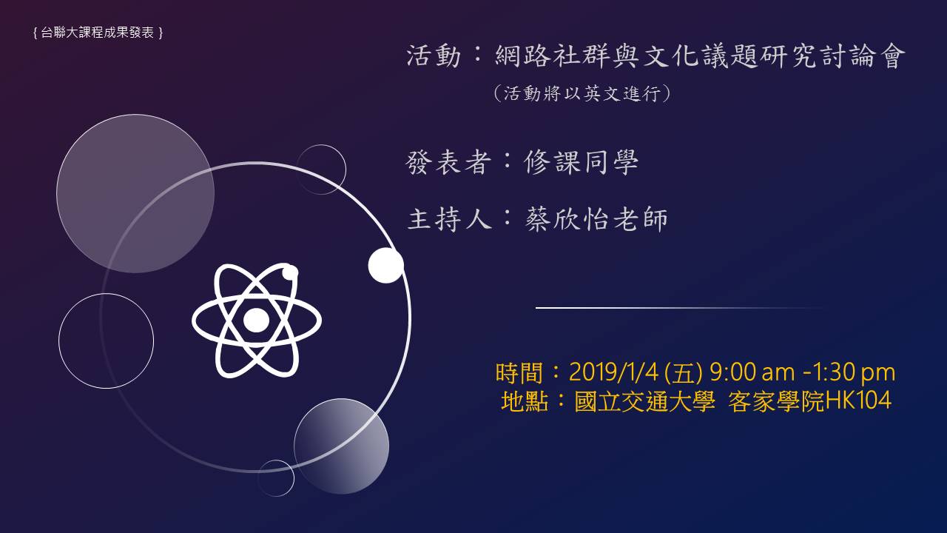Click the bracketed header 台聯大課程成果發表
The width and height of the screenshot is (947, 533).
pos(98,33)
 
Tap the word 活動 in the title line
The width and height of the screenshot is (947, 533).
pos(434,56)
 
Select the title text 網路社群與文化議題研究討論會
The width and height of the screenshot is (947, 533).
pos(700,56)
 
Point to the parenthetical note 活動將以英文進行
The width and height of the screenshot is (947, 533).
pos(582,93)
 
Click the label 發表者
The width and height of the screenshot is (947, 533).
pos(448,162)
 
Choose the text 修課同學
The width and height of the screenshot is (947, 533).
pos(581,162)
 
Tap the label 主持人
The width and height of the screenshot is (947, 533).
pos(449,219)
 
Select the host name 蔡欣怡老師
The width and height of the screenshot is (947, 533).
pos(596,219)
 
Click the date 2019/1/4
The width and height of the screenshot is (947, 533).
pos(613,372)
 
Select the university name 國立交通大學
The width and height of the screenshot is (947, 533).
pos(644,401)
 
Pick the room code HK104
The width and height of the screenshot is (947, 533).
pos(858,400)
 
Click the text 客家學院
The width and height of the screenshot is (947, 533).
pos(776,401)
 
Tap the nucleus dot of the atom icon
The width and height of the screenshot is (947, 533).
pos(256,321)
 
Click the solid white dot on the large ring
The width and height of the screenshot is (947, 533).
pos(386,265)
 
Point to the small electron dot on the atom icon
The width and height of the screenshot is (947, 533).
pos(290,273)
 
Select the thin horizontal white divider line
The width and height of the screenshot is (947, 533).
pos(681,308)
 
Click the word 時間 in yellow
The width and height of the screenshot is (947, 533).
pos(519,373)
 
